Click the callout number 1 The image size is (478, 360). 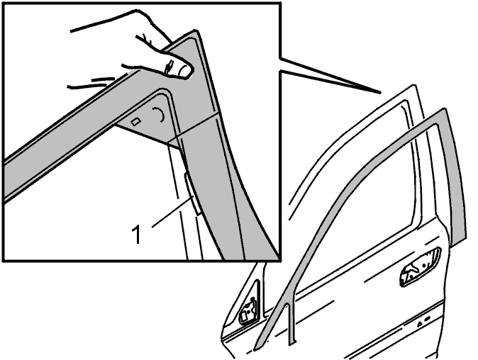click(137, 235)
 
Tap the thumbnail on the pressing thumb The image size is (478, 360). click(184, 71)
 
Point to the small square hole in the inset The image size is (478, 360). click(135, 121)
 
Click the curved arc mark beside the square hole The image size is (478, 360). click(161, 115)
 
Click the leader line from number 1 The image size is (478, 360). click(172, 213)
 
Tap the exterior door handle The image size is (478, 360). click(420, 267)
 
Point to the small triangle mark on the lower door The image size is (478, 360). click(420, 323)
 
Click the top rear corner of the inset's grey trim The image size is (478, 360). click(195, 30)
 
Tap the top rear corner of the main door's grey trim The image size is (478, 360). click(445, 109)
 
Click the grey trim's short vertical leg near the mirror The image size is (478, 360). click(291, 323)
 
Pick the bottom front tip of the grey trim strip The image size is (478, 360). click(255, 349)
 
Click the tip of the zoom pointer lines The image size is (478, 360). click(380, 92)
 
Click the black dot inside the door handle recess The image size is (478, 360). click(423, 266)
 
